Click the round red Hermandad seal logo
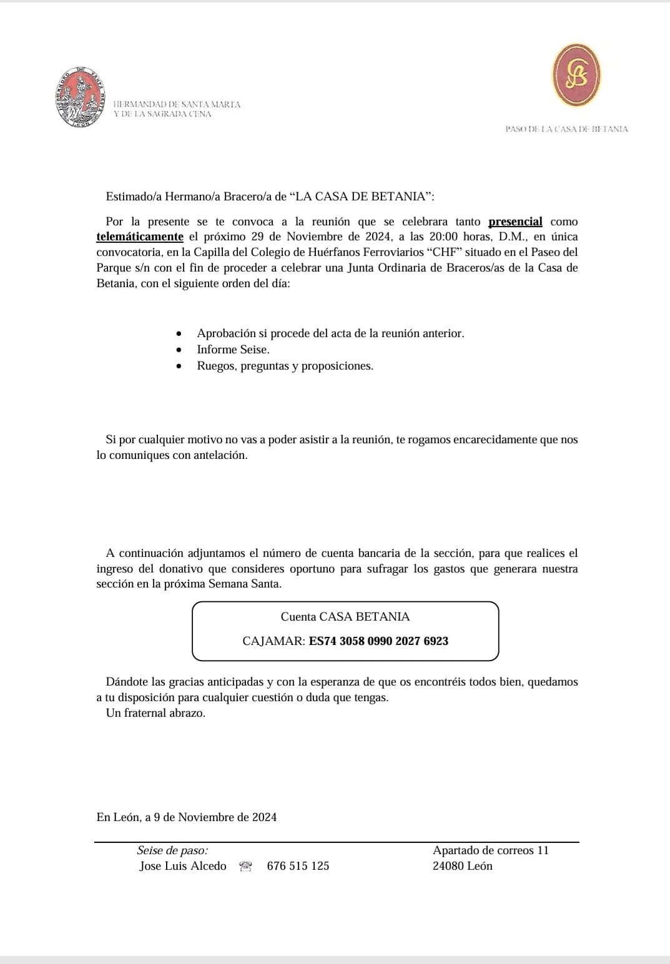79,98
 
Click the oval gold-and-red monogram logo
576,75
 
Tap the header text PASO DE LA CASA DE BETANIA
566,129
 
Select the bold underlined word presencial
515,222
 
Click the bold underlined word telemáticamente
140,237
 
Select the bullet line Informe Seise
233,350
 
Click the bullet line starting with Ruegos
285,366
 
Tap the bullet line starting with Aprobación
330,333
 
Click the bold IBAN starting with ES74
378,641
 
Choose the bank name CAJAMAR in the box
273,641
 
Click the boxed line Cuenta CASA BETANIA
345,617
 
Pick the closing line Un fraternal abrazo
155,713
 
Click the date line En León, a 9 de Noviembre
186,817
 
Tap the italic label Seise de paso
172,850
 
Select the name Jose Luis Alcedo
182,866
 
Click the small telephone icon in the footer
245,866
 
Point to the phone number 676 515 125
298,866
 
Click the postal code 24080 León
462,866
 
